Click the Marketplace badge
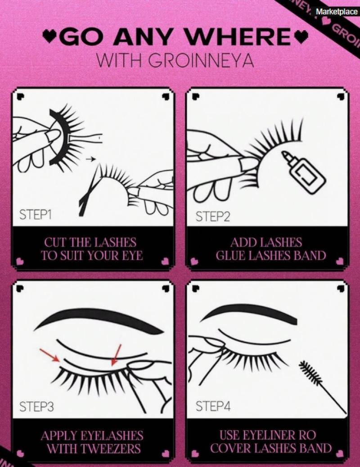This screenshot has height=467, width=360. tap(337, 12)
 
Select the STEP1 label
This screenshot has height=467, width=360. tap(36, 215)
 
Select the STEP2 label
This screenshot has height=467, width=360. tap(213, 217)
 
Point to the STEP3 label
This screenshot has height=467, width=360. tap(36, 407)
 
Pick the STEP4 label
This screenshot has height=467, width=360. tap(213, 406)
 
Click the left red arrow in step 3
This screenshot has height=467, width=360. tap(50, 355)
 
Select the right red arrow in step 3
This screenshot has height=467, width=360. tap(116, 355)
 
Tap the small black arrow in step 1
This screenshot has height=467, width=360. tap(90, 159)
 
